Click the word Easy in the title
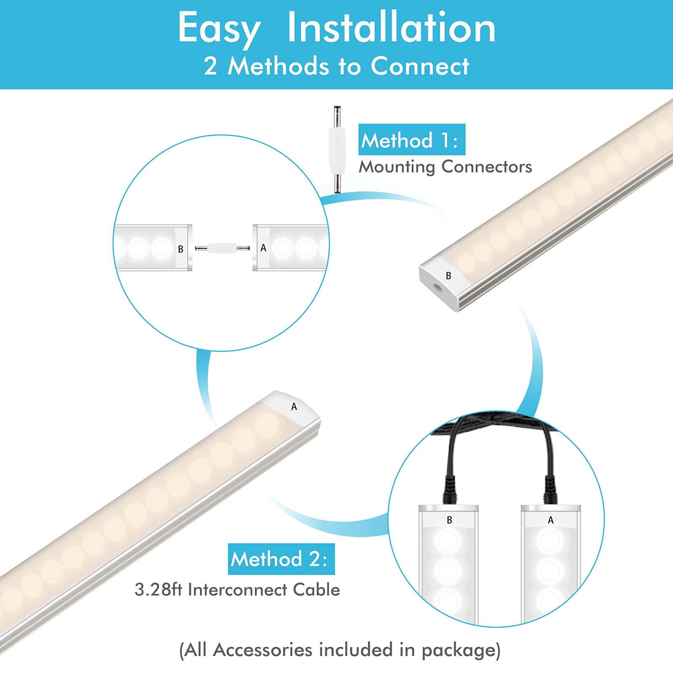(x=219, y=29)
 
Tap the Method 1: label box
(x=411, y=140)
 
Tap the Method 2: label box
(x=281, y=559)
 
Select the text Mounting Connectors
(x=445, y=167)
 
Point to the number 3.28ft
(x=158, y=590)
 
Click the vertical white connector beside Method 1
(x=337, y=150)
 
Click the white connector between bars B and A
(x=223, y=248)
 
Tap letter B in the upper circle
(x=180, y=249)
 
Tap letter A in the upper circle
(x=263, y=248)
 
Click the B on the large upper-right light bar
(x=448, y=276)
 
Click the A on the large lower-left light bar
(x=294, y=407)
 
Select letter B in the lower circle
(x=449, y=520)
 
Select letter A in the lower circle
(x=551, y=520)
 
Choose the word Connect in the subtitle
(x=419, y=66)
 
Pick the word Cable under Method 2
(x=316, y=590)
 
